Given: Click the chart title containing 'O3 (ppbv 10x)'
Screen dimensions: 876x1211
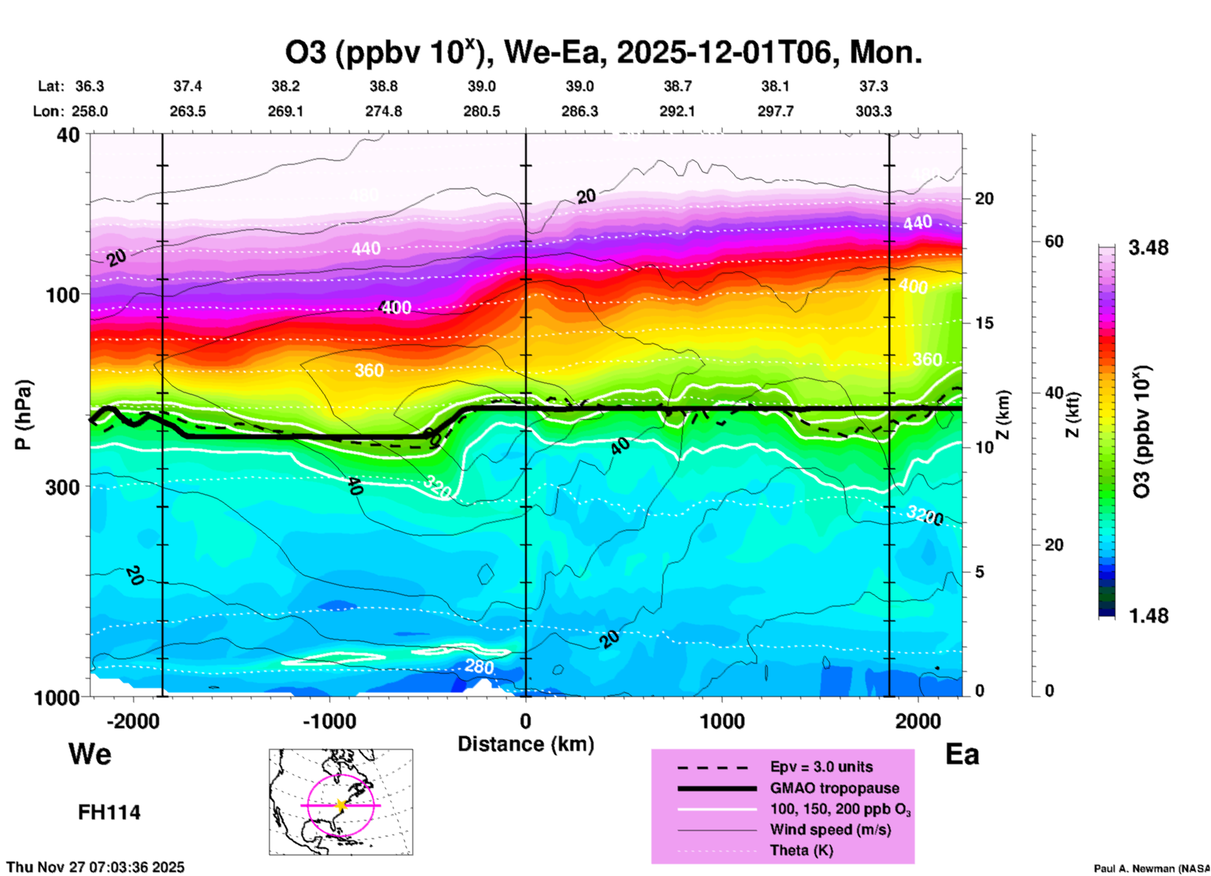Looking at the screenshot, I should click(x=604, y=53).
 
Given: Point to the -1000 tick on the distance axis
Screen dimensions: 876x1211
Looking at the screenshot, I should click(x=329, y=721).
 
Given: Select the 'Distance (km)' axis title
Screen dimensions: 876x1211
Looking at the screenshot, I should click(x=526, y=744).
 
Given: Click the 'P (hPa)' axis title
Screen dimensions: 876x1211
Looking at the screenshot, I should click(x=23, y=415).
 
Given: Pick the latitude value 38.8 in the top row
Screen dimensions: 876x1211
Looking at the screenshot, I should click(x=384, y=86).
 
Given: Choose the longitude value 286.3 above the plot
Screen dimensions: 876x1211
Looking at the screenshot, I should click(x=580, y=111).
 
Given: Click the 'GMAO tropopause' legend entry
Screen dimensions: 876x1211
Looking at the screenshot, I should click(x=834, y=788).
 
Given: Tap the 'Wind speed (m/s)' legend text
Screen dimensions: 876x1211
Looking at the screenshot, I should click(x=830, y=829).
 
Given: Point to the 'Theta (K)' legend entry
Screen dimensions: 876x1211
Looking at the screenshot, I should click(x=801, y=850).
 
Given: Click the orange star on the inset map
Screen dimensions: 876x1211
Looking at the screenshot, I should click(x=341, y=805).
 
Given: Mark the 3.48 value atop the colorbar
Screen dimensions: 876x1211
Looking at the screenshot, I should click(x=1148, y=248).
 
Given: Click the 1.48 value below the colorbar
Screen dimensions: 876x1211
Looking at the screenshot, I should click(x=1148, y=616).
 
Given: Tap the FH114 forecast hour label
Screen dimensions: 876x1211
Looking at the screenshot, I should click(x=109, y=813).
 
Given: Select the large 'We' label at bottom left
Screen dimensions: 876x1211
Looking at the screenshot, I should click(x=90, y=753).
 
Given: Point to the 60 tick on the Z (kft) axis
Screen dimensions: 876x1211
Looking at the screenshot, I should click(x=1054, y=241).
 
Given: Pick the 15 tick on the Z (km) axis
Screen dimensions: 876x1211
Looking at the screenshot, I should click(x=984, y=323).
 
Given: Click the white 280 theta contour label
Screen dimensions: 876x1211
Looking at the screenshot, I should click(x=479, y=667).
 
